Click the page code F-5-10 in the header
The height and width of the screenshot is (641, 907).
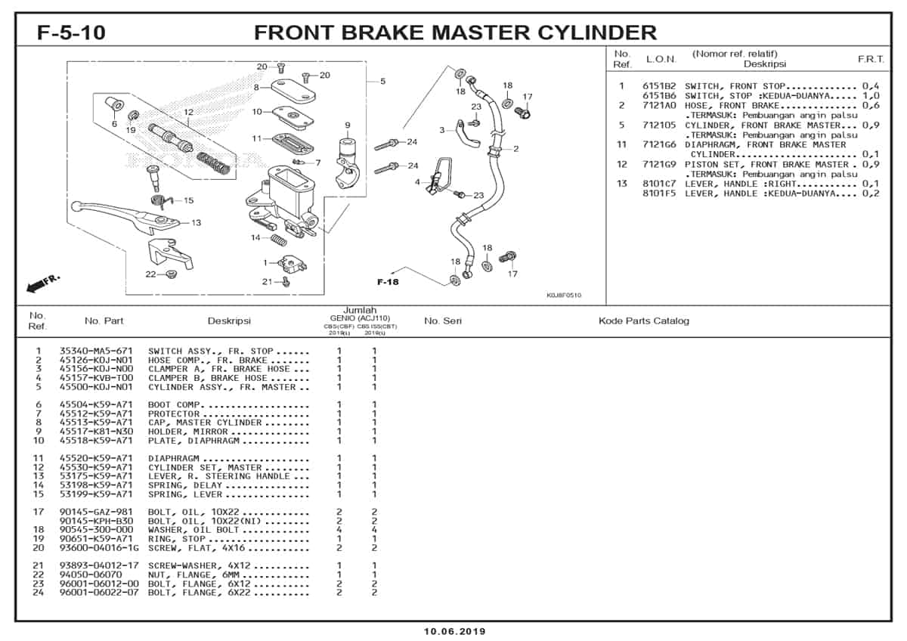tap(71, 33)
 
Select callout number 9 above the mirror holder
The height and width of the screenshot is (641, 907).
tap(347, 125)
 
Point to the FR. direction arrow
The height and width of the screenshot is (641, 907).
tap(43, 283)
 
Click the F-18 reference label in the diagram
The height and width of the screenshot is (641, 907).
tap(388, 282)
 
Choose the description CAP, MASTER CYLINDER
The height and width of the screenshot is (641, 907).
tap(205, 423)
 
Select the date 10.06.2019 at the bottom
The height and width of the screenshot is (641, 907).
tap(454, 631)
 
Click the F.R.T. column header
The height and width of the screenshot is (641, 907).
tap(871, 59)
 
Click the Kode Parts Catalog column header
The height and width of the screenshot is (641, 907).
tap(644, 320)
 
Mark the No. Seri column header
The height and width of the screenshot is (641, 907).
tap(443, 320)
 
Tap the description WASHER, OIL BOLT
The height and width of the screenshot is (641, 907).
tap(193, 530)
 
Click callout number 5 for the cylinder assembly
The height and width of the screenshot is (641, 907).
tap(382, 81)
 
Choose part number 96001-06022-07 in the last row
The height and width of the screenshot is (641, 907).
tap(99, 592)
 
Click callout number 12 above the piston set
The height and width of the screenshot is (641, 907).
tap(189, 113)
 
